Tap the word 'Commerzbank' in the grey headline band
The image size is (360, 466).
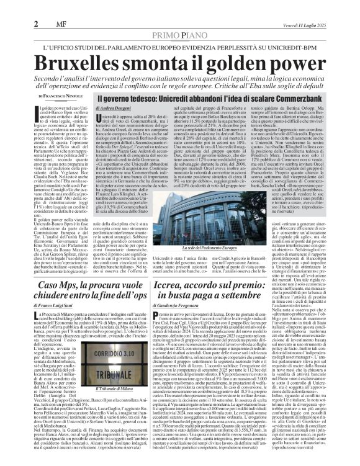click(x=292, y=98)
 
